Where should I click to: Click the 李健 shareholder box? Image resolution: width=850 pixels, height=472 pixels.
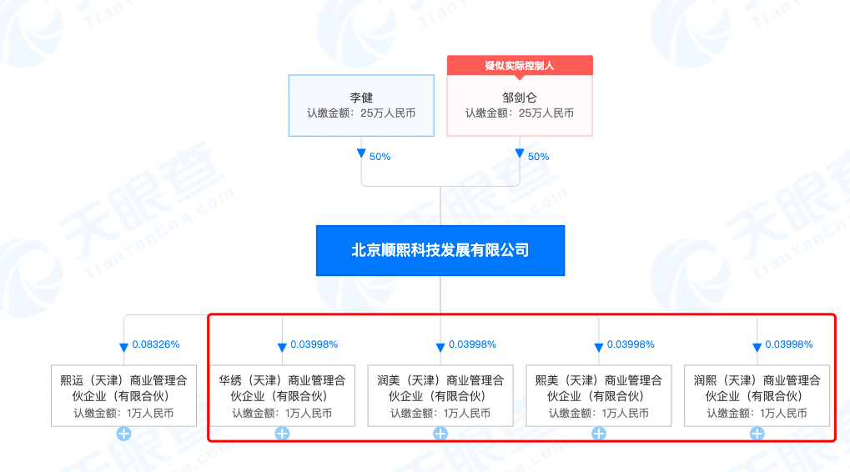pos(361,105)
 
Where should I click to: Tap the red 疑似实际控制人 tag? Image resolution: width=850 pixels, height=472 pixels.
pos(520,65)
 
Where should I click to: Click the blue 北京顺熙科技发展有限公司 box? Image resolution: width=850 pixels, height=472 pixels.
pos(440,250)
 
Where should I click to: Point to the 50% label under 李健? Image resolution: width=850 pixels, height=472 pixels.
pos(380,156)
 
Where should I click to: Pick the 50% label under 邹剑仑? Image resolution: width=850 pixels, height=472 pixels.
pos(538,156)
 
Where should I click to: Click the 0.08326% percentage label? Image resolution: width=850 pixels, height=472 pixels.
pos(156,344)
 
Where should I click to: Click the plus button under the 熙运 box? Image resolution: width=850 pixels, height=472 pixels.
pos(123,434)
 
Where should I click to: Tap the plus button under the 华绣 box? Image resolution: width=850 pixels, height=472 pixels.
pos(282,434)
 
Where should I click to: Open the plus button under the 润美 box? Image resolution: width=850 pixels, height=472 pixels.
pos(440,434)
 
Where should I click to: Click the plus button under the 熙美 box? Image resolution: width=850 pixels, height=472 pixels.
pos(598,434)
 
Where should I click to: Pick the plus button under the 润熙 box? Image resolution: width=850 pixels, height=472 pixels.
pos(757,434)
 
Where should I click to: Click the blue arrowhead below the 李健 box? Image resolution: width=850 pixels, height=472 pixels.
pos(361,153)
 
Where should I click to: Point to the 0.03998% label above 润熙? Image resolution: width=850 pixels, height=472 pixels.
pos(789,344)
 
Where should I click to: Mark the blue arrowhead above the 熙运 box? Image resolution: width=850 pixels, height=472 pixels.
pos(123,347)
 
